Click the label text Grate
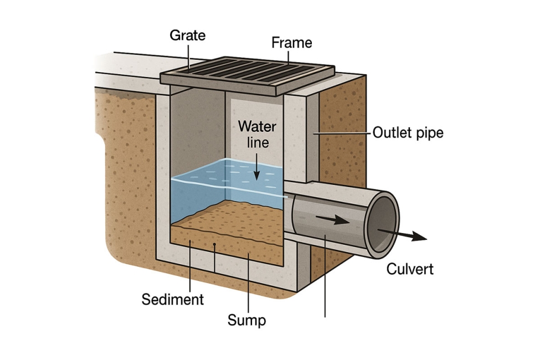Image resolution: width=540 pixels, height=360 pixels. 187,35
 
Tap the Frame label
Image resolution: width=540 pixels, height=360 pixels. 292,42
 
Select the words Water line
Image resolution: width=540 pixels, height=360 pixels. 257,134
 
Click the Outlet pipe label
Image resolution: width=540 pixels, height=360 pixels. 408,133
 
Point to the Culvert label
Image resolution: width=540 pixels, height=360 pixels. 410,270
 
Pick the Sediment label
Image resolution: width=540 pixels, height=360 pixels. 173,300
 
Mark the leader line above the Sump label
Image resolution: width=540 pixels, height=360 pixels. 248,282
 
